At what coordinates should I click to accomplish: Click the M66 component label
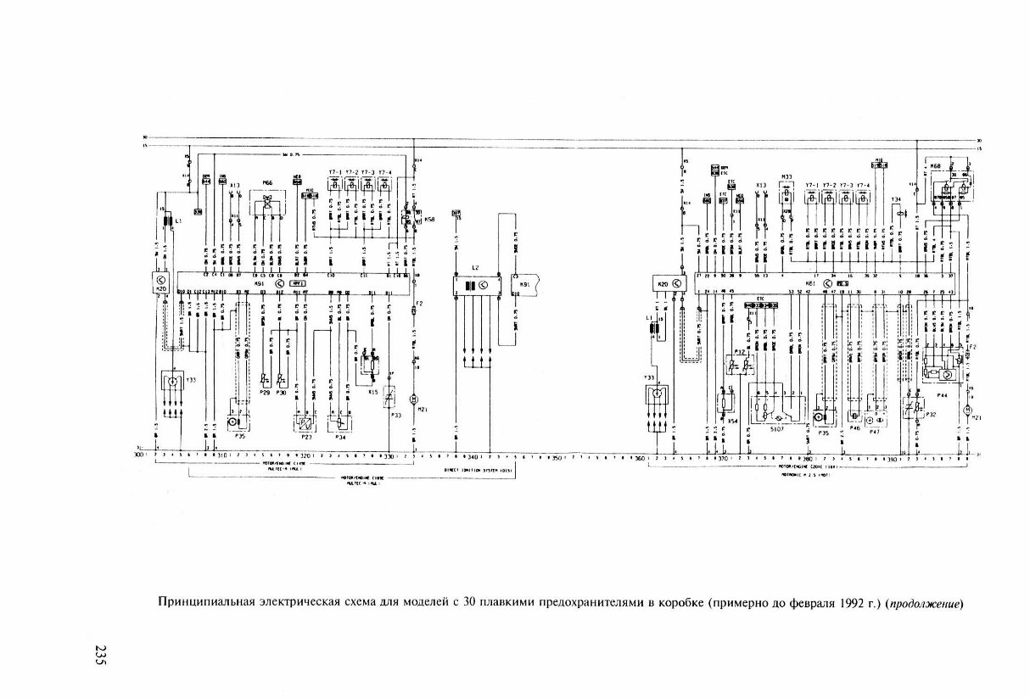coord(267,182)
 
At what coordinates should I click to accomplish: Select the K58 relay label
coord(429,219)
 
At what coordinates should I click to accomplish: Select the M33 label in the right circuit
coord(786,177)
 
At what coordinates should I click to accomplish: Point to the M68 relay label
coord(935,166)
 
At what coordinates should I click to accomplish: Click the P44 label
coord(942,395)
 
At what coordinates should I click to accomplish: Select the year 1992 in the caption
coord(852,605)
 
